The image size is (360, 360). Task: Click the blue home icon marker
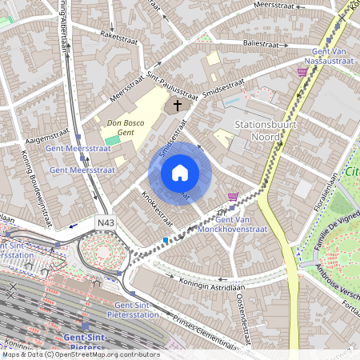tap(179, 173)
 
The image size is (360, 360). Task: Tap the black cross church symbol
tap(177, 105)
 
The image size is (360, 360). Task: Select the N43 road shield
tap(105, 222)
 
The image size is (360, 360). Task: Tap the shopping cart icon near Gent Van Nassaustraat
tap(302, 72)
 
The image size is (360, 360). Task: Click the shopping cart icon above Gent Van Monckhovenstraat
tap(233, 197)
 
